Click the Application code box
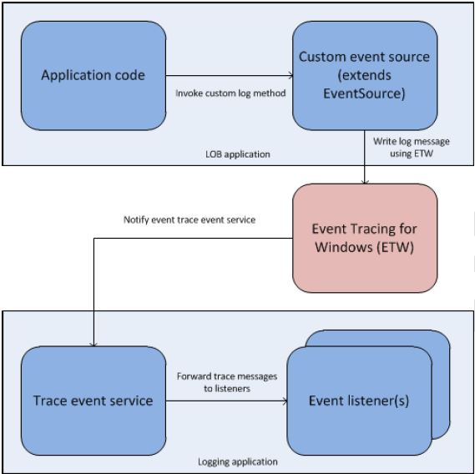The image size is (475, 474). click(93, 76)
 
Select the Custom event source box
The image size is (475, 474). click(364, 76)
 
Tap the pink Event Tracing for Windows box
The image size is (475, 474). click(364, 239)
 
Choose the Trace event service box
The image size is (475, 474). click(93, 401)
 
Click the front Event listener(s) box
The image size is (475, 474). click(359, 401)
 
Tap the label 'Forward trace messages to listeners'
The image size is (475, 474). click(226, 382)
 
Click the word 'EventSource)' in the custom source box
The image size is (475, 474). click(364, 94)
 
